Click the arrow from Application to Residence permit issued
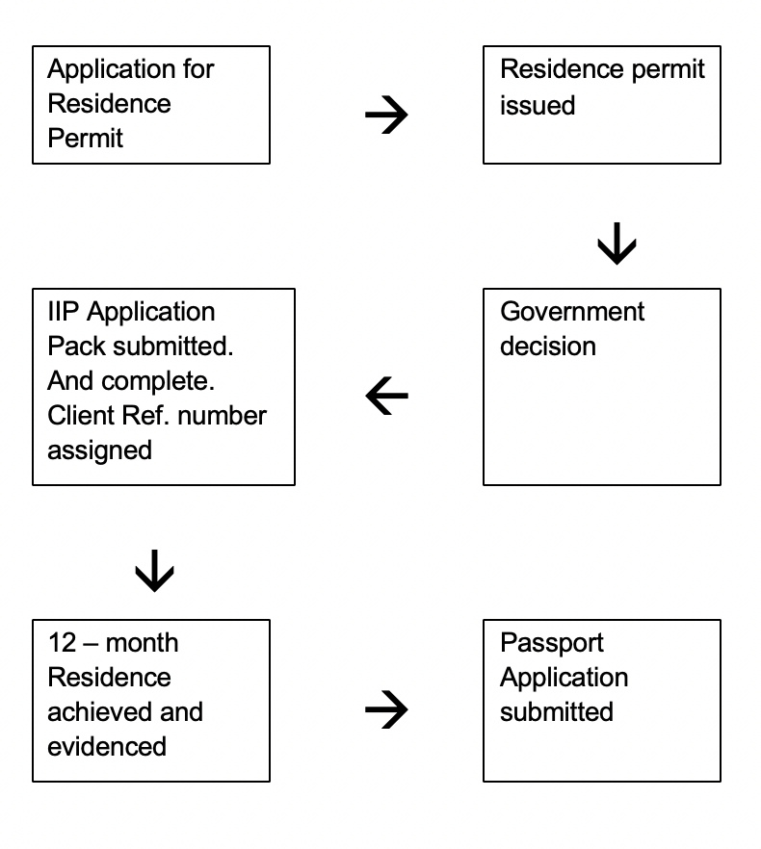click(386, 115)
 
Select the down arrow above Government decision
click(617, 244)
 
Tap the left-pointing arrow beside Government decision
click(386, 396)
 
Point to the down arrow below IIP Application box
click(154, 571)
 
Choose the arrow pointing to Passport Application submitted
click(386, 709)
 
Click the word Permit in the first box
click(85, 138)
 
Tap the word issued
click(538, 105)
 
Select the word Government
click(572, 312)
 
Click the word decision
click(548, 347)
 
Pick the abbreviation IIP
click(64, 312)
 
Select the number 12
click(63, 643)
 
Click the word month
click(142, 643)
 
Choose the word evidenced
click(107, 747)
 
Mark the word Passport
click(552, 643)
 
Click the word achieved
click(100, 712)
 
